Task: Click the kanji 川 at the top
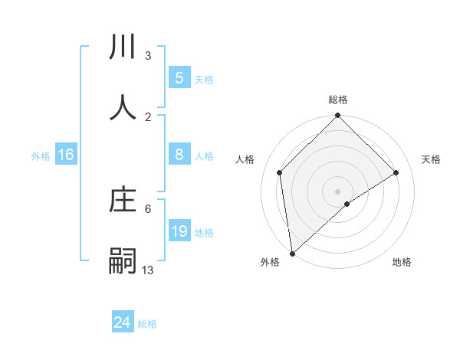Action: click(x=123, y=48)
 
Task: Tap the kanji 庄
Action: click(x=123, y=201)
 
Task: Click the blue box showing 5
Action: click(x=179, y=78)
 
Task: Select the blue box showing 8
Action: click(x=179, y=155)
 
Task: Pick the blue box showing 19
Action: click(x=179, y=231)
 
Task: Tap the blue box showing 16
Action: click(x=66, y=155)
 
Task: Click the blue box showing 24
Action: click(x=123, y=323)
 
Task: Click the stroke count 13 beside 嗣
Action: click(x=148, y=270)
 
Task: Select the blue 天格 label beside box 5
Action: click(x=204, y=79)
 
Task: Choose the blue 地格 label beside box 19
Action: click(x=204, y=232)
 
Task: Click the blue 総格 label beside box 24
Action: click(x=147, y=324)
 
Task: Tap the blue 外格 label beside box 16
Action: click(x=41, y=155)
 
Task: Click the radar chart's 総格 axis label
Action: click(x=338, y=100)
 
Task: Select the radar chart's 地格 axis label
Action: click(x=402, y=262)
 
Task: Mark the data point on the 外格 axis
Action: click(x=292, y=254)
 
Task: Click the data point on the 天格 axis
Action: click(x=396, y=172)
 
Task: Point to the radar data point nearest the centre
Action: click(x=347, y=204)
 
